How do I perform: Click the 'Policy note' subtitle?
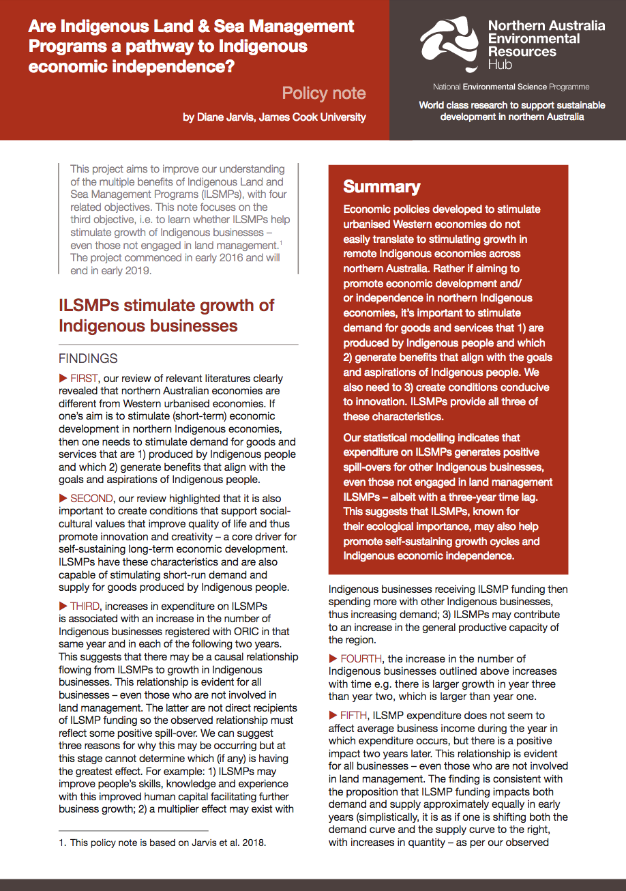point(324,93)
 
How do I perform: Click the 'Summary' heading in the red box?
point(382,187)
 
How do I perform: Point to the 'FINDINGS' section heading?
point(88,359)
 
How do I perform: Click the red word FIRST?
point(85,379)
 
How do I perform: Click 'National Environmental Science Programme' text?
point(511,87)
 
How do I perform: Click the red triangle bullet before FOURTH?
point(333,659)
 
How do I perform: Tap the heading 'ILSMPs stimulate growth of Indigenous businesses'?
point(166,315)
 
